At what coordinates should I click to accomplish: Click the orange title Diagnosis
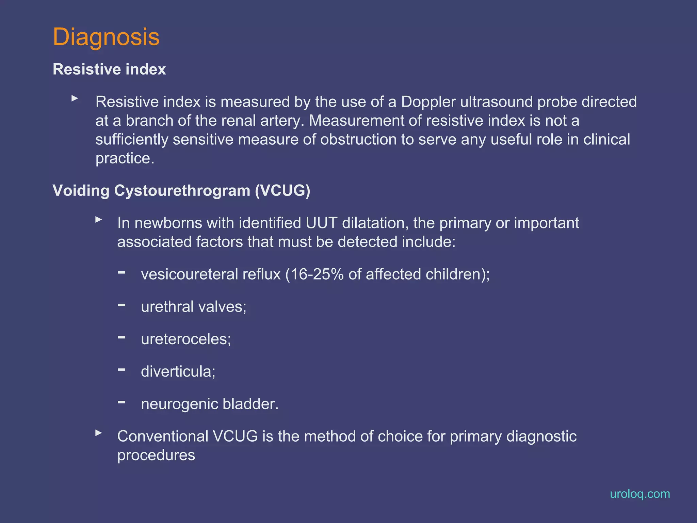pos(106,37)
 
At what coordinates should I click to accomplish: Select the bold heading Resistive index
pos(109,69)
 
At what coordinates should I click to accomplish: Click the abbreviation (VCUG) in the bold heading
pos(282,190)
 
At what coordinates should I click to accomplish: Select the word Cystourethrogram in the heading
pos(182,191)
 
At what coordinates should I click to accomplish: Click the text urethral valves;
pos(194,307)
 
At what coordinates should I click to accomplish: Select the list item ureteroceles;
pos(186,339)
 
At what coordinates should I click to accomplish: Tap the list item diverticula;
pos(178,371)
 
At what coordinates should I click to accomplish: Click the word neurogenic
pos(179,404)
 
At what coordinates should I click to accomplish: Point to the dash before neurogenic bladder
pos(121,402)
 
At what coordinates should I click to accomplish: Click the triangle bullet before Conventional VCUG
pos(99,433)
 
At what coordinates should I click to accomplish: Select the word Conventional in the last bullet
pos(163,437)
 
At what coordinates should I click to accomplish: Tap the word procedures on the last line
pos(156,455)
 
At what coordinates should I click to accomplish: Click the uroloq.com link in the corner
pos(639,494)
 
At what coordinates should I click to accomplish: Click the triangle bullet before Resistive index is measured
pos(75,98)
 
